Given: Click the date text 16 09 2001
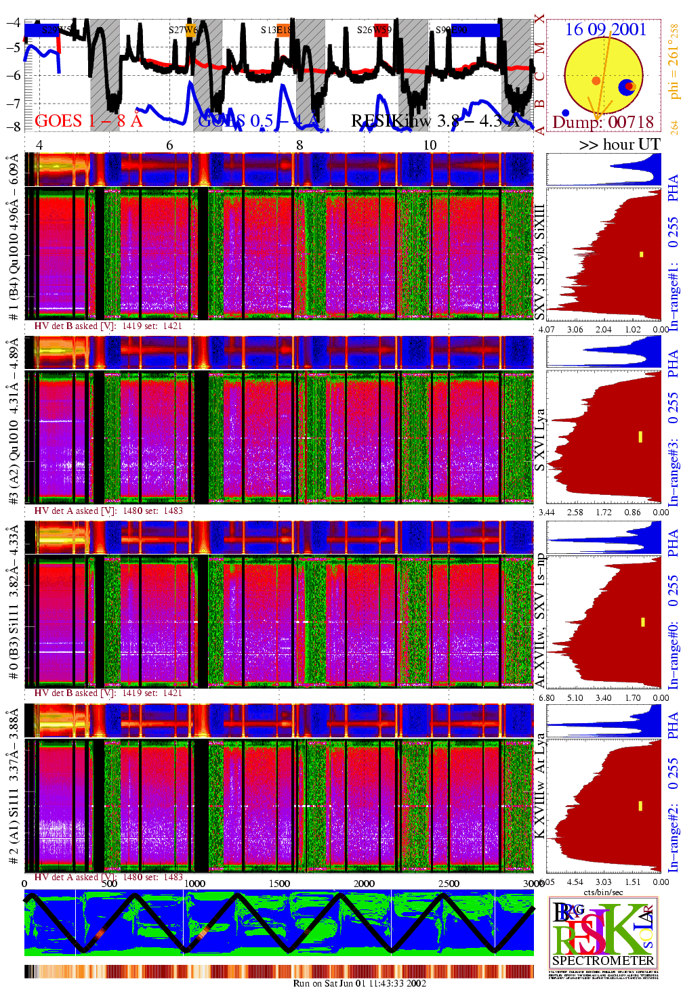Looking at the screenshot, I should click(x=605, y=29).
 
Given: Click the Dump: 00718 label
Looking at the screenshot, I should click(x=603, y=122).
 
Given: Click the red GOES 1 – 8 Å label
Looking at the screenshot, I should click(x=89, y=121).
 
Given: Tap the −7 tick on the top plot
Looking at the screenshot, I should click(x=13, y=103).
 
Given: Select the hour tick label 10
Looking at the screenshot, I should click(x=430, y=145).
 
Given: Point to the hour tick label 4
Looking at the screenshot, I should click(x=39, y=145).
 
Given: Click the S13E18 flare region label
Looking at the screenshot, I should click(x=275, y=30).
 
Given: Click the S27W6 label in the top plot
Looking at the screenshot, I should click(x=183, y=30).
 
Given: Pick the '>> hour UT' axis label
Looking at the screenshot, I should click(x=619, y=144).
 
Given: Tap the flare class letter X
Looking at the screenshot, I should click(x=539, y=19).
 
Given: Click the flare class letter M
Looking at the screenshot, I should click(x=539, y=48).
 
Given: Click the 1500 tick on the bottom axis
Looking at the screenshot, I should click(x=279, y=883).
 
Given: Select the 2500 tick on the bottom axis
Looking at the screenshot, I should click(x=449, y=883).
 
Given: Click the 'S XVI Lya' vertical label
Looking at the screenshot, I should click(x=539, y=440).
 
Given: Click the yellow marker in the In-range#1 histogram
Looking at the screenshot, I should click(x=641, y=255).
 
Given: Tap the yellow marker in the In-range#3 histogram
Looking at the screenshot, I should click(x=640, y=437).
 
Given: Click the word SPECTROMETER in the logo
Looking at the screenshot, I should click(x=603, y=960).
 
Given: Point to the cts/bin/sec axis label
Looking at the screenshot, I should click(x=603, y=892).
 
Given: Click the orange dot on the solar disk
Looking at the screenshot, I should click(x=596, y=81).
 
